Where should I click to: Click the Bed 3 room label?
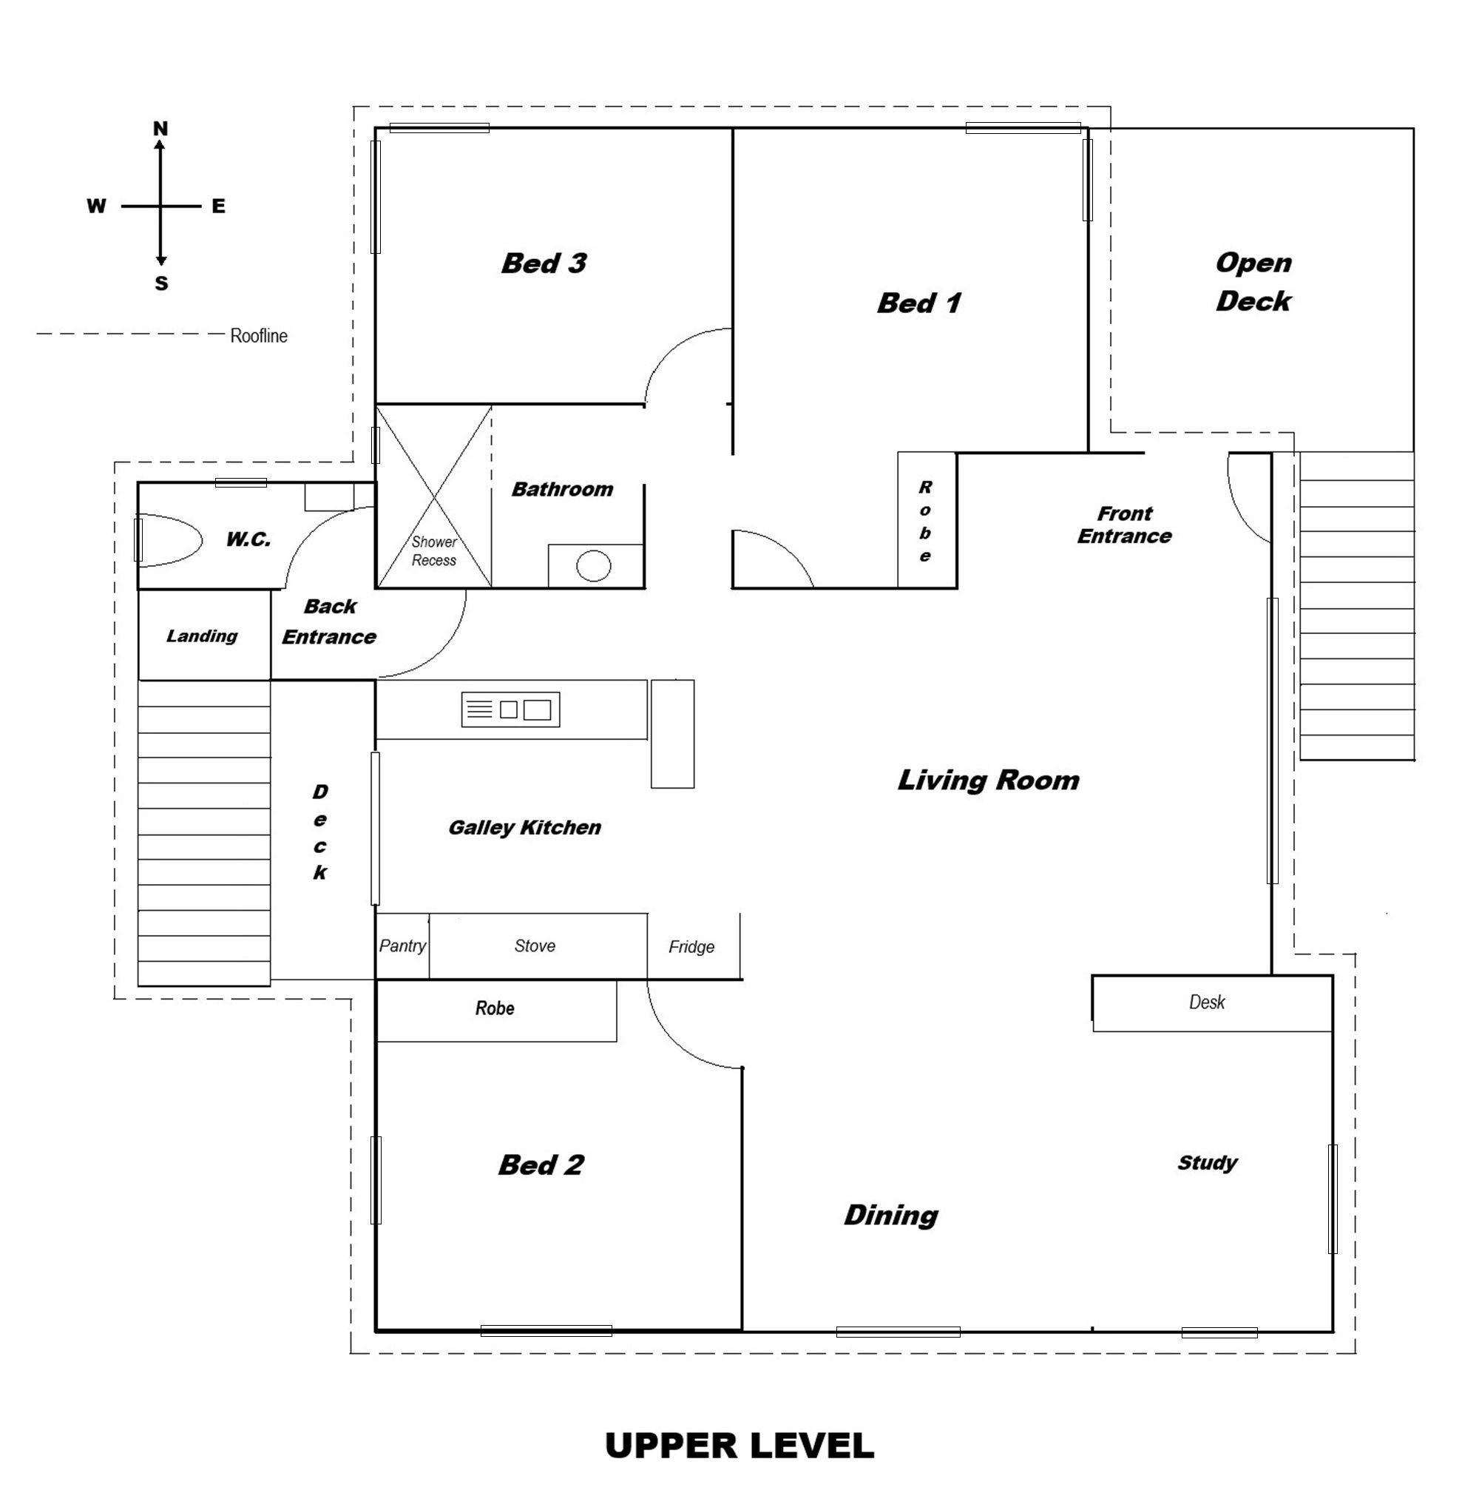[543, 263]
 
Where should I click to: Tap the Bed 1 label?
[919, 303]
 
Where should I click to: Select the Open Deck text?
[1253, 281]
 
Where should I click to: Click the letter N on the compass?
[160, 129]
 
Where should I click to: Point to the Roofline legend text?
[259, 336]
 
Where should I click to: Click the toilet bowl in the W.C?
[169, 539]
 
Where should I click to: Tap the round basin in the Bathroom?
[594, 566]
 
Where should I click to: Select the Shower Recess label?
[433, 551]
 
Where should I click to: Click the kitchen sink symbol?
[510, 710]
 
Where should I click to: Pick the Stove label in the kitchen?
[535, 946]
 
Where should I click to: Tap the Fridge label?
[691, 946]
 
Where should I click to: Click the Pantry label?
[402, 946]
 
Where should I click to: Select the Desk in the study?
[1206, 1002]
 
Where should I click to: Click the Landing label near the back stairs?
[202, 636]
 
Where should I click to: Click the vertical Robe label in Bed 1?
[925, 521]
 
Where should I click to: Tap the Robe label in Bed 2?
[494, 1008]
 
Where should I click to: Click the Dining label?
[891, 1215]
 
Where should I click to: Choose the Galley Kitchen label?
[524, 828]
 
